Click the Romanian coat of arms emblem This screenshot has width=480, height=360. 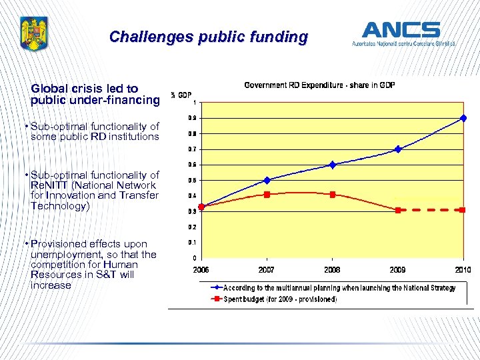(x=31, y=35)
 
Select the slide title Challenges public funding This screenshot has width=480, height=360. (x=208, y=37)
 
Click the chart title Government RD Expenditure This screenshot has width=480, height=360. (x=319, y=85)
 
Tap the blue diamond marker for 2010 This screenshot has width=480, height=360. (x=463, y=118)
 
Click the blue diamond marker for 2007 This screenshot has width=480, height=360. (x=267, y=180)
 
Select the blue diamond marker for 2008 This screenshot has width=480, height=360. (x=332, y=165)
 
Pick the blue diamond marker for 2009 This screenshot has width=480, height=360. (x=398, y=149)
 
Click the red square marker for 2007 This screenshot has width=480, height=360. (x=267, y=195)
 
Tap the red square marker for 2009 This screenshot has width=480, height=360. (x=398, y=210)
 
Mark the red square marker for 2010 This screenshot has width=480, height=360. (x=463, y=210)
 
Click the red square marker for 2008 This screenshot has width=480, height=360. (x=332, y=195)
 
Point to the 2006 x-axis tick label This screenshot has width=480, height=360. (x=201, y=269)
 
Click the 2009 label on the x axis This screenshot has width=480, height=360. (x=398, y=269)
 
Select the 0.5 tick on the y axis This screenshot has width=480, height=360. (x=193, y=181)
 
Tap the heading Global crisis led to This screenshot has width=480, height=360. (x=85, y=88)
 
